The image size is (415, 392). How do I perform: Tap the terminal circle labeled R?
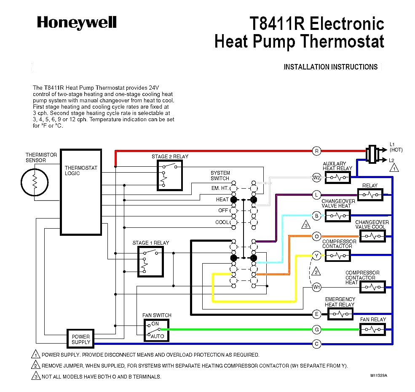coord(316,151)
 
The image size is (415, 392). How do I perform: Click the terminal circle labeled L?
coord(316,195)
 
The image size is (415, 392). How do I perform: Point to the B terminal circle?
coord(316,216)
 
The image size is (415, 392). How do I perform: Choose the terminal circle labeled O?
coord(316,236)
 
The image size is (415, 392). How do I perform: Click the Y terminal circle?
coord(316,255)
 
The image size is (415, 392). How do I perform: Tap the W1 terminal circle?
coord(316,287)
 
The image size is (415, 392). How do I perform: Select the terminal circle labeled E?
coord(316,314)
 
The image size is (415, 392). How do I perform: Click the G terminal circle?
coord(316,329)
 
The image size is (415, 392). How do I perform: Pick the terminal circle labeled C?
coord(316,344)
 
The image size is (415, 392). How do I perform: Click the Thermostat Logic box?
coord(81,192)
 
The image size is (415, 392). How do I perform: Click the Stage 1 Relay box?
coord(150,261)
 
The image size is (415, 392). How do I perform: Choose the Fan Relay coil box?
coord(372,329)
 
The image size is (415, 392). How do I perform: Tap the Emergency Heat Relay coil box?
coord(340,314)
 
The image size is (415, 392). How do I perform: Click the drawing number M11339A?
coord(379,375)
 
